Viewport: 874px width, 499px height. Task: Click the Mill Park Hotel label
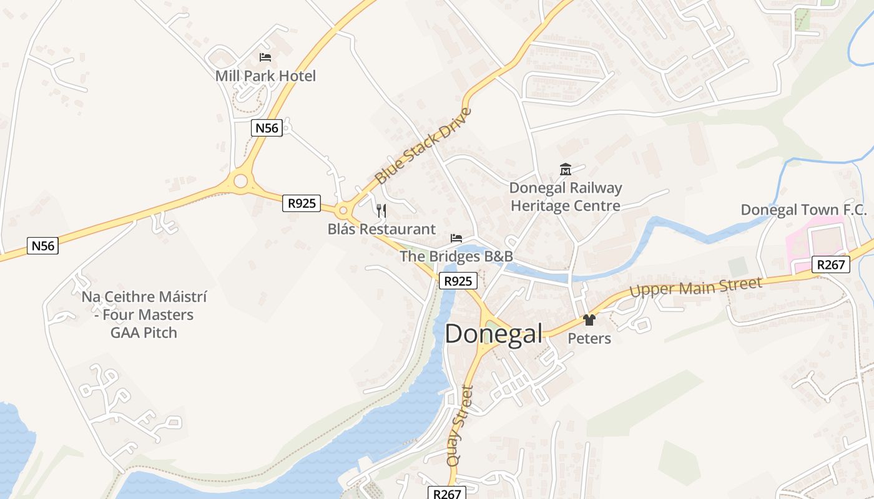pyautogui.click(x=265, y=76)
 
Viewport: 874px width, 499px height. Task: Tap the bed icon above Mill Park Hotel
pyautogui.click(x=265, y=57)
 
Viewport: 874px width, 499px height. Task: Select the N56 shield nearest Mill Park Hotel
pyautogui.click(x=267, y=128)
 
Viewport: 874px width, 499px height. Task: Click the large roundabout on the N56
pyautogui.click(x=240, y=182)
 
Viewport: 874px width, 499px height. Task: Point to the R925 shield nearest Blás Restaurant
pyautogui.click(x=301, y=203)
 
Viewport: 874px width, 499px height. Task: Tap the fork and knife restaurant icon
pyautogui.click(x=381, y=211)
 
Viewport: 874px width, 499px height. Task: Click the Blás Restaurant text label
pyautogui.click(x=381, y=229)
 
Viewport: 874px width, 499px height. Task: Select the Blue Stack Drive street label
pyautogui.click(x=423, y=147)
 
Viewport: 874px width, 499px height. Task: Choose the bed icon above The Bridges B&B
pyautogui.click(x=456, y=238)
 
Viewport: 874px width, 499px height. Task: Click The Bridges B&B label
pyautogui.click(x=456, y=256)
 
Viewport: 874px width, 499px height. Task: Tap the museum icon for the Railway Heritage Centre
pyautogui.click(x=566, y=169)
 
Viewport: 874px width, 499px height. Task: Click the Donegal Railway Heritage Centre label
pyautogui.click(x=566, y=196)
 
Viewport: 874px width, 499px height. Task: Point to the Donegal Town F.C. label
pyautogui.click(x=803, y=210)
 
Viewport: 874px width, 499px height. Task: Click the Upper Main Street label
pyautogui.click(x=695, y=288)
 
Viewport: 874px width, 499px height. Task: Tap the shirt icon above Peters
pyautogui.click(x=589, y=320)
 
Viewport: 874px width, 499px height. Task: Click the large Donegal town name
pyautogui.click(x=493, y=334)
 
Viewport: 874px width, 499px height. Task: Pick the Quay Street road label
pyautogui.click(x=460, y=426)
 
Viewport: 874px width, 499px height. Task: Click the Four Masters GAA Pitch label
pyautogui.click(x=144, y=314)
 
